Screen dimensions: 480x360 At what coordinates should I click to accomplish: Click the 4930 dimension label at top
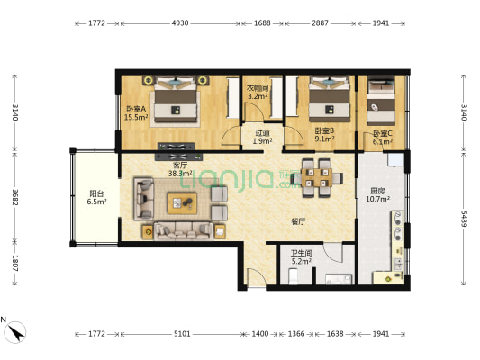pyautogui.click(x=180, y=23)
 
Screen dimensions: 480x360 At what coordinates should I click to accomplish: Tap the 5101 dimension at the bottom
pyautogui.click(x=182, y=334)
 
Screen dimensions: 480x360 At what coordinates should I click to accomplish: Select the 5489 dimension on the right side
pyautogui.click(x=464, y=219)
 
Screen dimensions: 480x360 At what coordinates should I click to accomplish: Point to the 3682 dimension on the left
pyautogui.click(x=15, y=198)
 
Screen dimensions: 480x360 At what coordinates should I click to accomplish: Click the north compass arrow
pyautogui.click(x=15, y=332)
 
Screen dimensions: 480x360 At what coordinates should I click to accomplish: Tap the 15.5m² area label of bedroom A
pyautogui.click(x=136, y=117)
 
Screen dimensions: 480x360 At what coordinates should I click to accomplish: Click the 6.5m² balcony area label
pyautogui.click(x=96, y=202)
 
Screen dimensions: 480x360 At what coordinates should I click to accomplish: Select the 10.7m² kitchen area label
pyautogui.click(x=377, y=199)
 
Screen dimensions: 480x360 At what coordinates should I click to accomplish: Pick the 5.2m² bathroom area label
pyautogui.click(x=302, y=261)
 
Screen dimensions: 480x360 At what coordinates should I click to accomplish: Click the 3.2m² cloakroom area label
pyautogui.click(x=258, y=96)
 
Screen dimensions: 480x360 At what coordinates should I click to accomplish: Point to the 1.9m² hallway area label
pyautogui.click(x=262, y=141)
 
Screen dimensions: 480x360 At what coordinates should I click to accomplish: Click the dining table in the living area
pyautogui.click(x=317, y=177)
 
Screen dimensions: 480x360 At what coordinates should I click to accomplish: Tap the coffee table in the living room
pyautogui.click(x=182, y=203)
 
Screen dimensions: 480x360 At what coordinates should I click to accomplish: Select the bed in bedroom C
pyautogui.click(x=381, y=101)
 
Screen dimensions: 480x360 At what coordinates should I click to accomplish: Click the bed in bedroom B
pyautogui.click(x=329, y=99)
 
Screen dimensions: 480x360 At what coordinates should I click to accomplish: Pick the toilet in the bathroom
pyautogui.click(x=293, y=276)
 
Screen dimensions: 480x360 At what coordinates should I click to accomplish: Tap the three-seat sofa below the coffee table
pyautogui.click(x=183, y=231)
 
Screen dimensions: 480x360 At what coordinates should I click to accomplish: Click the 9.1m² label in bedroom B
pyautogui.click(x=324, y=139)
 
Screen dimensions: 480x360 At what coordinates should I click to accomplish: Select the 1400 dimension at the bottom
pyautogui.click(x=260, y=334)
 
